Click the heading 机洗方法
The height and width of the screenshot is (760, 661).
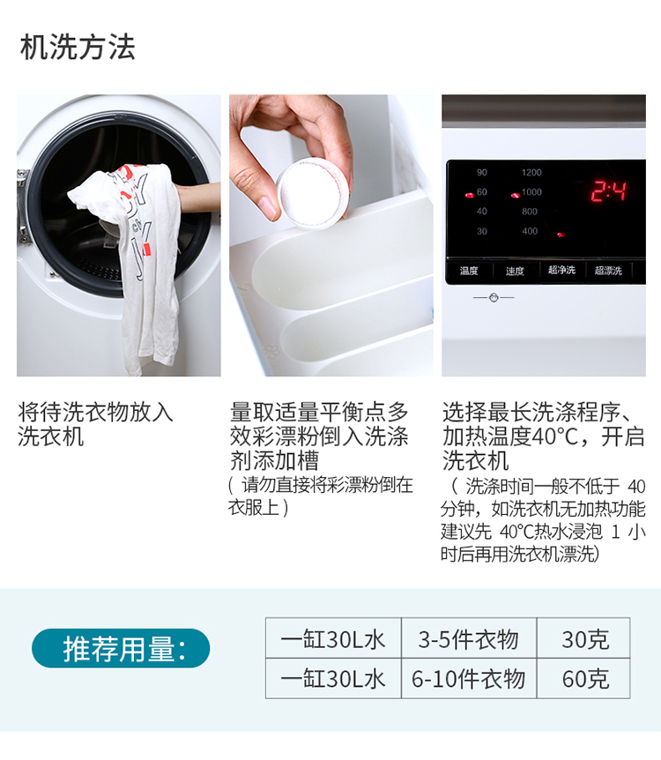[x=78, y=48]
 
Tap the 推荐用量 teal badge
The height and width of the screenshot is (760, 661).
[x=121, y=648]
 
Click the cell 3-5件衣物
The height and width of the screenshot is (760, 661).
[x=469, y=637]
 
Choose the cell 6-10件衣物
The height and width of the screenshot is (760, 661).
[x=469, y=678]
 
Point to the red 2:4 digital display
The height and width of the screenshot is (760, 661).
[x=609, y=191]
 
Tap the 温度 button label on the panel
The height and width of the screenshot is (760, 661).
[x=469, y=271]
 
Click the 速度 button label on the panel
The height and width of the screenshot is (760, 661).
[x=515, y=271]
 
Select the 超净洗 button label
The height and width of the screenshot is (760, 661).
[x=561, y=270]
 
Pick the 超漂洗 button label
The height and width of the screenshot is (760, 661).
[x=608, y=271]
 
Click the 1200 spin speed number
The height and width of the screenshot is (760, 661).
[x=531, y=173]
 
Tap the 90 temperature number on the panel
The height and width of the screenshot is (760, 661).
[x=482, y=173]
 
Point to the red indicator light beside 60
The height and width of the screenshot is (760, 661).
[x=469, y=195]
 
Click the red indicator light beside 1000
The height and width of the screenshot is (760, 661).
[x=515, y=196]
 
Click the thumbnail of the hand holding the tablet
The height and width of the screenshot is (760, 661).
[x=331, y=235]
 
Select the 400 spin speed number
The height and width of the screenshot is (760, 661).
[x=530, y=231]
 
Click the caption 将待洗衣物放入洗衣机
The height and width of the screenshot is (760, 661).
[x=95, y=424]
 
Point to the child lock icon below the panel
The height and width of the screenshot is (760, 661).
[x=494, y=297]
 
